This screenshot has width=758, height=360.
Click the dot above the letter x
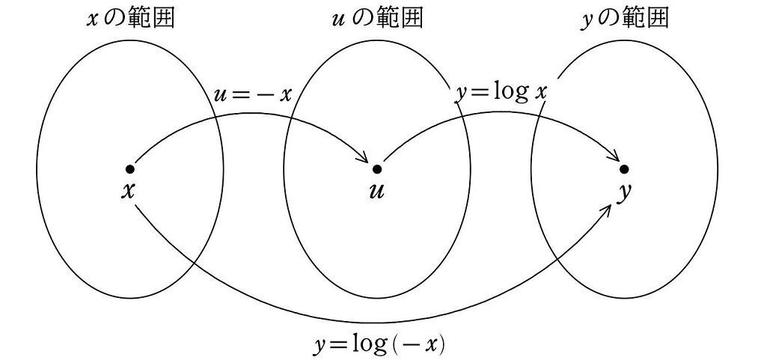(x=130, y=169)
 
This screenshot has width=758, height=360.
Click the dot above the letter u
(x=376, y=169)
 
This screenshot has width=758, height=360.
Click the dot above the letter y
(x=624, y=169)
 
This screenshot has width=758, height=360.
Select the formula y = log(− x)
(x=379, y=344)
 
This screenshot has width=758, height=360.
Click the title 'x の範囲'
(x=131, y=19)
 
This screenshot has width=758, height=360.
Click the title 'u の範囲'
(x=377, y=19)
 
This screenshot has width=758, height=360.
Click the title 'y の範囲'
(x=624, y=19)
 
